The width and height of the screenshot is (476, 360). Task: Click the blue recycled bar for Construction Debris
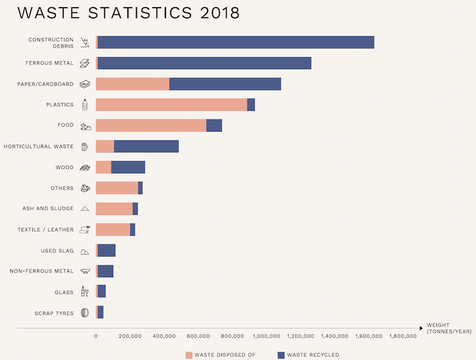(236, 42)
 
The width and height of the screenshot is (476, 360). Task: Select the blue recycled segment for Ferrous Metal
(204, 63)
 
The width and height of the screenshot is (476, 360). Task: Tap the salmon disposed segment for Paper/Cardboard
(132, 84)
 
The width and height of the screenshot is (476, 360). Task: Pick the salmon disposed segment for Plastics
(171, 105)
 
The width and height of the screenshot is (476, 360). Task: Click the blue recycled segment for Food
(214, 126)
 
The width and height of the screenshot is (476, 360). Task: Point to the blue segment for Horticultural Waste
(146, 146)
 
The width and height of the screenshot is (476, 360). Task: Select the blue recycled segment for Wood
(128, 167)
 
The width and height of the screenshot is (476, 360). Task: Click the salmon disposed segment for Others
(117, 188)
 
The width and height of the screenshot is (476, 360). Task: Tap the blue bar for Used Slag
(107, 251)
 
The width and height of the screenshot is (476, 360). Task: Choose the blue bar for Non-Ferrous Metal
(105, 271)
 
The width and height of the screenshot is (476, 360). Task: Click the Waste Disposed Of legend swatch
(189, 355)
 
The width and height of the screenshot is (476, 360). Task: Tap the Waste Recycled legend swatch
(281, 355)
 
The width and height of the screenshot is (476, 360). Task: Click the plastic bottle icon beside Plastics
(84, 105)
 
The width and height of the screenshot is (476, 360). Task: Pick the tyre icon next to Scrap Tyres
(84, 313)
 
